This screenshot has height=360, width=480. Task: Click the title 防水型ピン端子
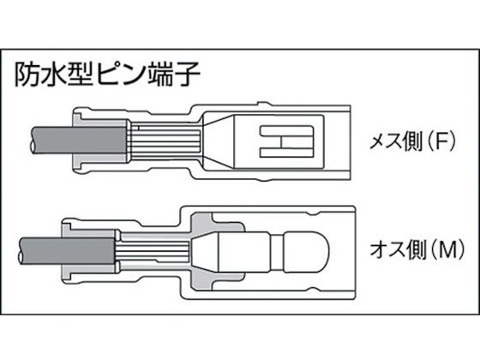click(x=107, y=75)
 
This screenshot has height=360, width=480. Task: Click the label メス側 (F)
click(x=413, y=141)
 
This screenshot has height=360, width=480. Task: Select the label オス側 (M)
click(x=417, y=249)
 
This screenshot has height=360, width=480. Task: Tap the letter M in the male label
click(x=447, y=249)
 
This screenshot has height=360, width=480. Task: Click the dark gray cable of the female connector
click(x=79, y=141)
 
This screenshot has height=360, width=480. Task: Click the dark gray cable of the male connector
click(x=67, y=251)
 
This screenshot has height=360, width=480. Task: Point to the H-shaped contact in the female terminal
click(x=287, y=141)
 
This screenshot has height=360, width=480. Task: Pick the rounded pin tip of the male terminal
click(x=307, y=252)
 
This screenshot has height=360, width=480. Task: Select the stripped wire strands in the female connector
click(x=165, y=141)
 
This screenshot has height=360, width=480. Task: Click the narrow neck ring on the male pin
click(x=278, y=252)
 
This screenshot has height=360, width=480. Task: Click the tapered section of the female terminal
click(x=218, y=141)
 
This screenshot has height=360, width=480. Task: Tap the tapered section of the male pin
click(x=205, y=252)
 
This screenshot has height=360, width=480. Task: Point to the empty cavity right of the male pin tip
click(x=341, y=252)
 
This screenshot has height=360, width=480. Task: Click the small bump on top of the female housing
click(x=265, y=104)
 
